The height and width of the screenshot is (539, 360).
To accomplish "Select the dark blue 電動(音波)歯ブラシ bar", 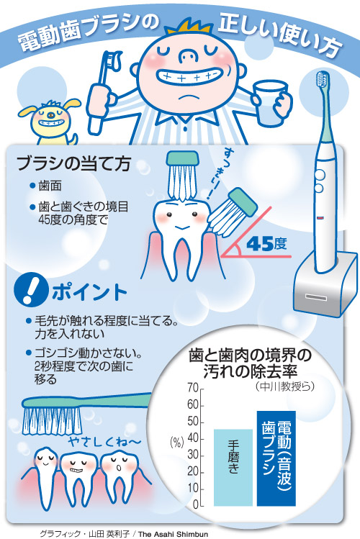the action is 276,458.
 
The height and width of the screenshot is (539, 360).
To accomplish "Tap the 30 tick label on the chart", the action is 193,456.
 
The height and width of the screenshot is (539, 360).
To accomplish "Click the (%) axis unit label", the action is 176,443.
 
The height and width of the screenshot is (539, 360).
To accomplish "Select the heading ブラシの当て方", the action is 73,163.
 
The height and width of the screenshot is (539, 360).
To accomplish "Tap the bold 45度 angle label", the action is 266,244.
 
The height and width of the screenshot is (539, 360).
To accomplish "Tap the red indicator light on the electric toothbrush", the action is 320,217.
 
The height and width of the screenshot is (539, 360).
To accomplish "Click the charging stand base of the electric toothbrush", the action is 324,284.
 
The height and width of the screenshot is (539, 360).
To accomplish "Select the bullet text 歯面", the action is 50,186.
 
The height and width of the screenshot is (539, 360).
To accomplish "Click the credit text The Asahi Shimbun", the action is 173,534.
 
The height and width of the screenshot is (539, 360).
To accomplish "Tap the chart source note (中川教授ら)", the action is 285,386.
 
